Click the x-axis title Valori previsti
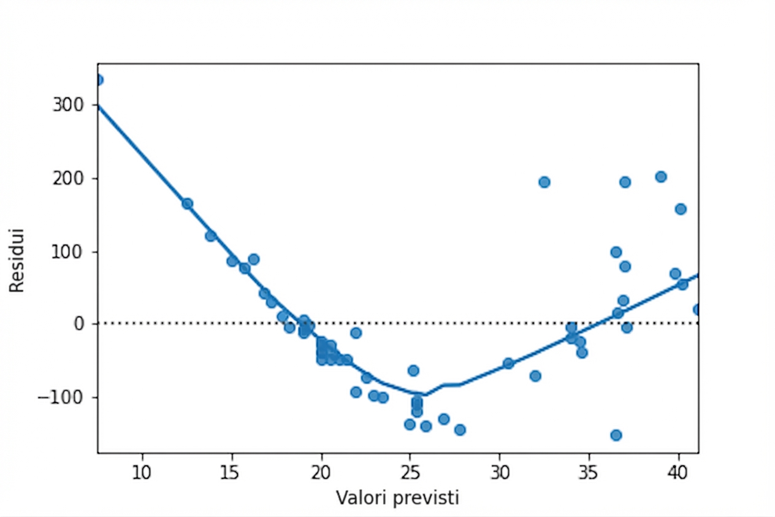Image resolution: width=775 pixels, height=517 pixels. (x=397, y=497)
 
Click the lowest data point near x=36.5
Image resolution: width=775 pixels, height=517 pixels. (x=616, y=435)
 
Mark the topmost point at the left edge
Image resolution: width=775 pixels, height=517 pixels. (x=98, y=80)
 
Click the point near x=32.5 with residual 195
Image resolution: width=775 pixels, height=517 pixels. (x=544, y=182)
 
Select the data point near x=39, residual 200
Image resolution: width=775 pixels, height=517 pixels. (x=660, y=177)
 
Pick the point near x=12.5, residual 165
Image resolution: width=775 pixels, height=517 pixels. (x=187, y=204)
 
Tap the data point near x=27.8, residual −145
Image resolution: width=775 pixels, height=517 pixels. (x=460, y=429)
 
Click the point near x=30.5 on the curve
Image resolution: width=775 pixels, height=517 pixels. (x=508, y=363)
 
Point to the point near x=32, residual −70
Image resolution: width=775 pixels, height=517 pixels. (x=535, y=375)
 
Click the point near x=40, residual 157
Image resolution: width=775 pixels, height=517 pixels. (x=680, y=209)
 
